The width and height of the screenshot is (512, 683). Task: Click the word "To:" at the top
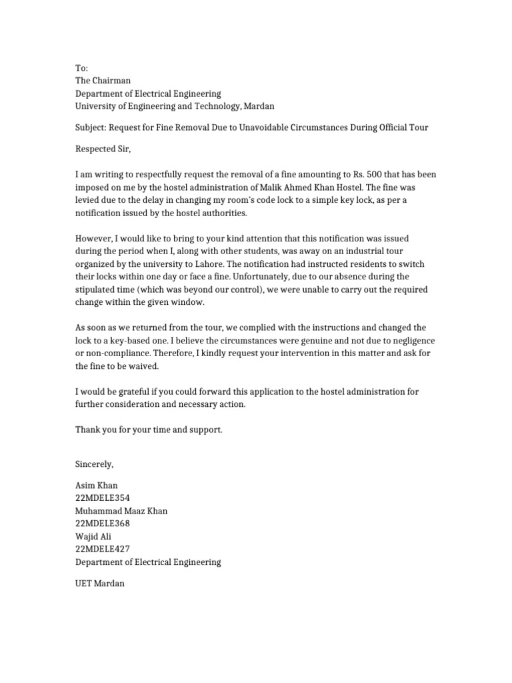[81, 68]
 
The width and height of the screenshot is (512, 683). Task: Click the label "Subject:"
[90, 127]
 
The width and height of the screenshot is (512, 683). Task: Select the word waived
[146, 366]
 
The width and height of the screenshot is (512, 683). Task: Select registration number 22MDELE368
[103, 524]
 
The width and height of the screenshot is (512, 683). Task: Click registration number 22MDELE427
[103, 549]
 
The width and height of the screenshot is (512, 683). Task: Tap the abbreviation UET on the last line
[83, 583]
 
